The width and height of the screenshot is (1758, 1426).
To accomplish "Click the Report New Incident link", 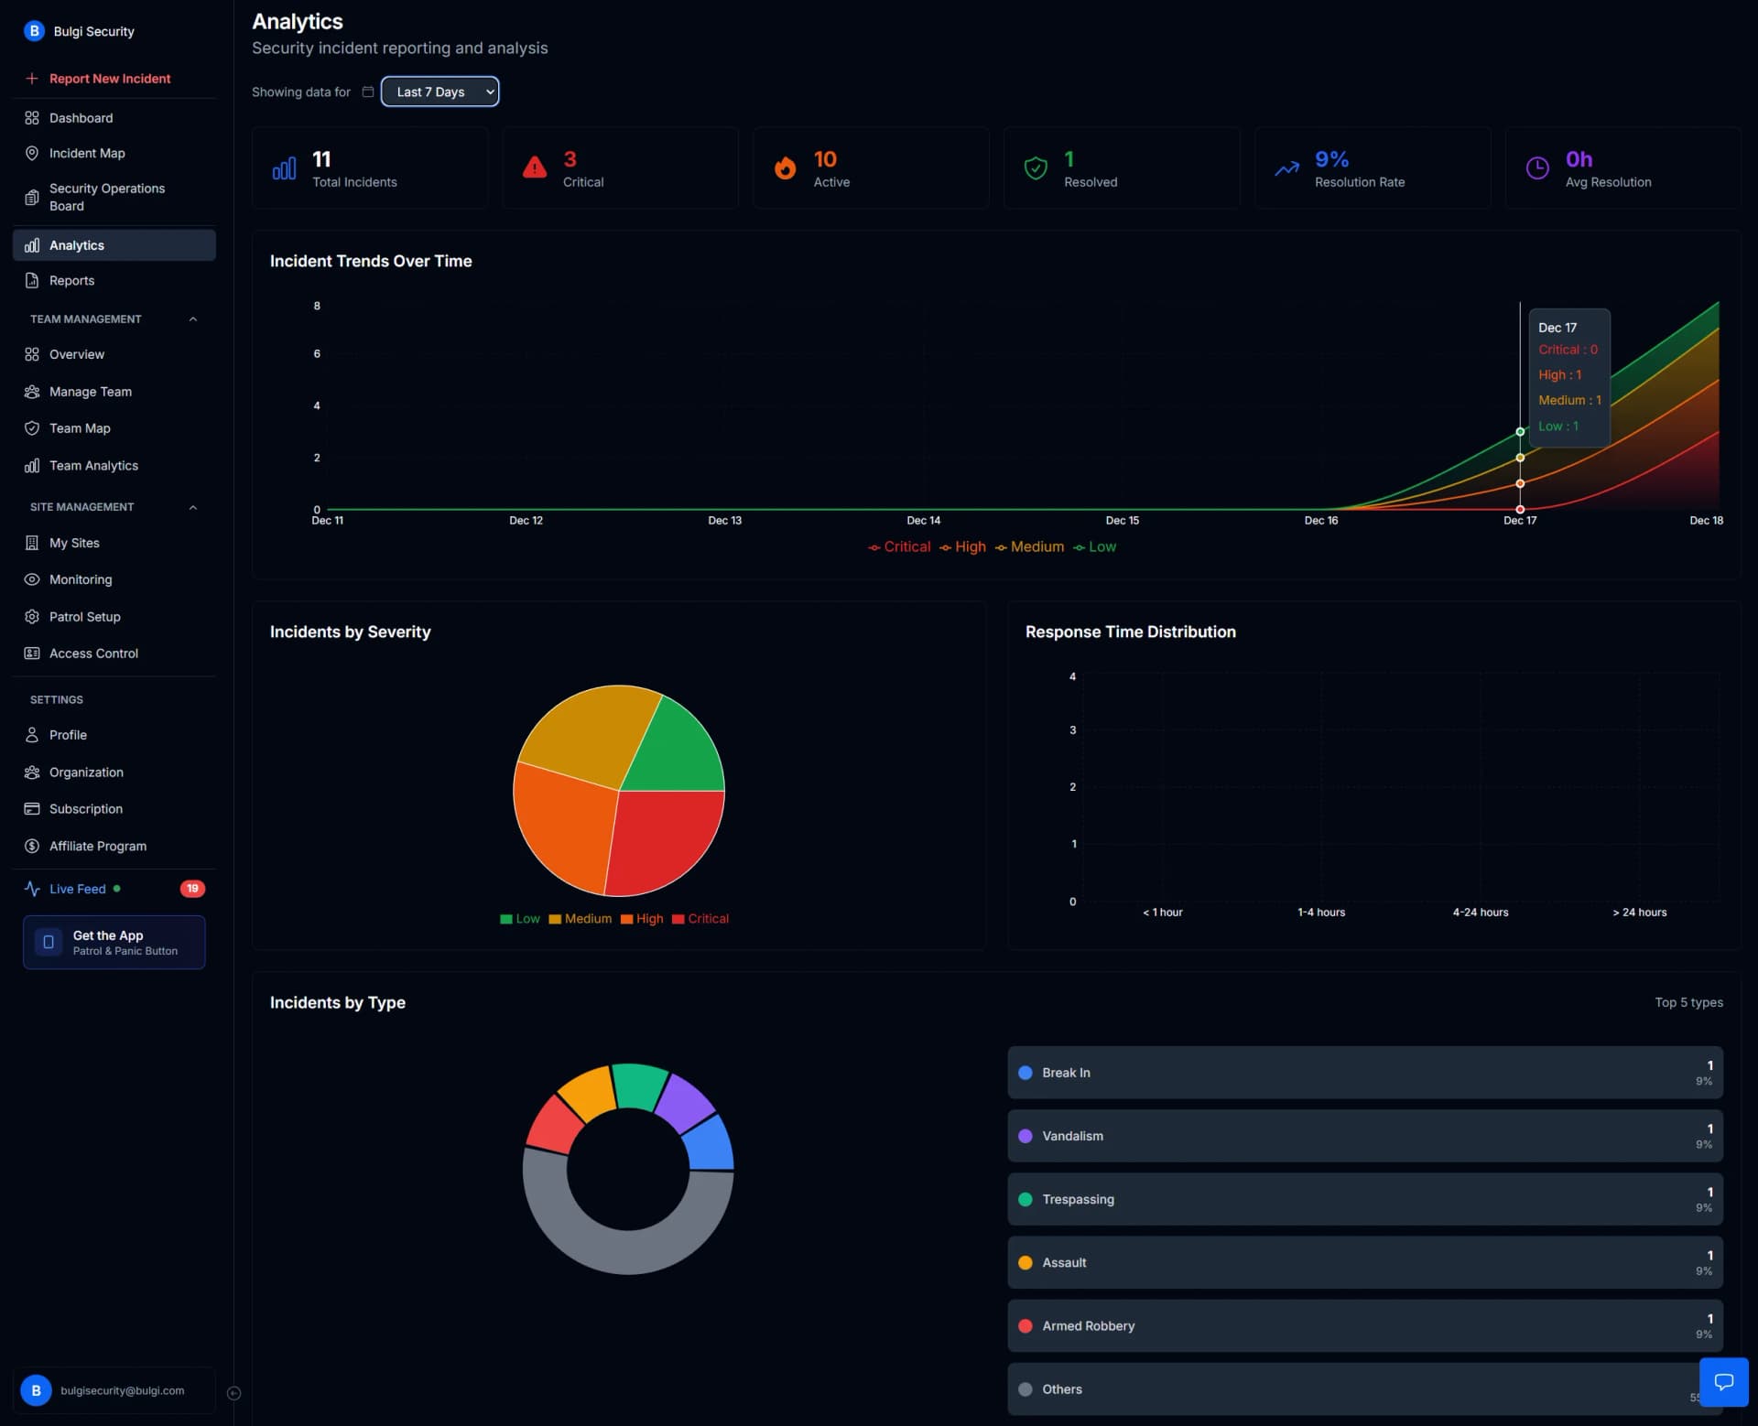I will pyautogui.click(x=109, y=79).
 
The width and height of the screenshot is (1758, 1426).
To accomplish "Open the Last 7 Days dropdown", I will pyautogui.click(x=439, y=92).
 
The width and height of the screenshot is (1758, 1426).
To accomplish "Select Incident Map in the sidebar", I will pyautogui.click(x=87, y=153).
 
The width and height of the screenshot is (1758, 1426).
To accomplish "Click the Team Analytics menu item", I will pyautogui.click(x=93, y=466).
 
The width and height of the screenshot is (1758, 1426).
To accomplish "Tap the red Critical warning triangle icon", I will pyautogui.click(x=535, y=167).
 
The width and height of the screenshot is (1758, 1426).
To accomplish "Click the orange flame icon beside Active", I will pyautogui.click(x=785, y=167).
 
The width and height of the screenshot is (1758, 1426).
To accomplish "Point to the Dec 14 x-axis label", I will pyautogui.click(x=923, y=521).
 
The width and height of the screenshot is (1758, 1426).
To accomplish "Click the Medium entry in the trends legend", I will pyautogui.click(x=1036, y=546).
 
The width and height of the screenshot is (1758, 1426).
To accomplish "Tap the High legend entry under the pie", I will pyautogui.click(x=649, y=919).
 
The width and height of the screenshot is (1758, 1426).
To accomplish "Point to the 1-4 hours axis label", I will pyautogui.click(x=1320, y=913).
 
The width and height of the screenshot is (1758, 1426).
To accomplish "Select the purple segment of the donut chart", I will pyautogui.click(x=684, y=1100).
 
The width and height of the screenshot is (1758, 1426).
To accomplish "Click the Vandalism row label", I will pyautogui.click(x=1072, y=1136).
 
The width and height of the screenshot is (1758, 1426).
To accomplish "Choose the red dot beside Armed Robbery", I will pyautogui.click(x=1025, y=1326).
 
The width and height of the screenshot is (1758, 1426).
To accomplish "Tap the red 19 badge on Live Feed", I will pyautogui.click(x=192, y=889).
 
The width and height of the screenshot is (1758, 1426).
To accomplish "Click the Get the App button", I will pyautogui.click(x=114, y=943).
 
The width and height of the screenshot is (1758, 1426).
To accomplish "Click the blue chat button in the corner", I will pyautogui.click(x=1723, y=1382).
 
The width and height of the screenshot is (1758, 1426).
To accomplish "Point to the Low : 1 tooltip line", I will pyautogui.click(x=1557, y=427).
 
